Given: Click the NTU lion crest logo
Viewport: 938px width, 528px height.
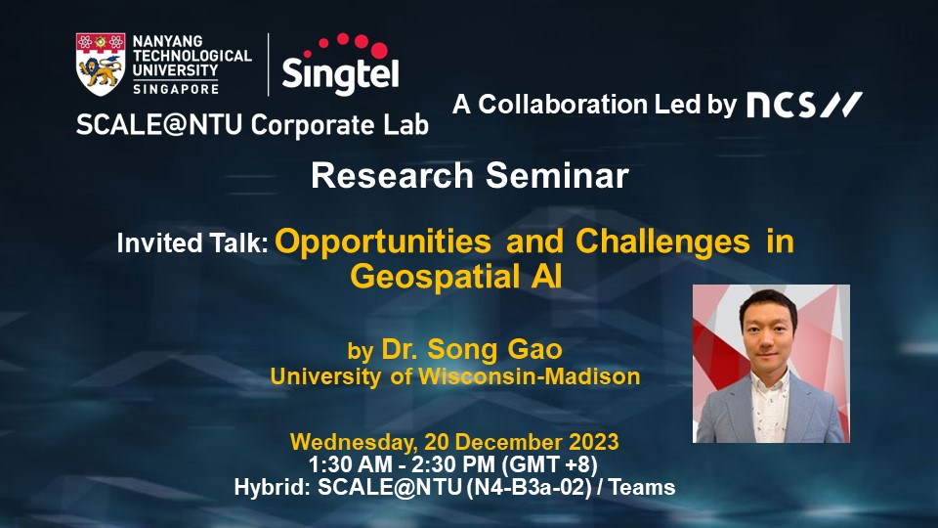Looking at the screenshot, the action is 101,65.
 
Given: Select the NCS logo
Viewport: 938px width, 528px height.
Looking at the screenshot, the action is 804,105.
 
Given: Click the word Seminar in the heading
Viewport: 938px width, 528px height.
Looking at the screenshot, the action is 557,176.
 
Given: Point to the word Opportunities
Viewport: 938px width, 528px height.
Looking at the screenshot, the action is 383,242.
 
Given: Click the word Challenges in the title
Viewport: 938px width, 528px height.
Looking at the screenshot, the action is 662,242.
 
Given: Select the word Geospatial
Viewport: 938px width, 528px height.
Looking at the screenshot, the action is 435,277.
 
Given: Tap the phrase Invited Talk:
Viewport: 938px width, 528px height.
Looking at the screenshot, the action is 192,243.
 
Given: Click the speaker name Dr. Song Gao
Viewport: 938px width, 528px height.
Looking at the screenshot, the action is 472,349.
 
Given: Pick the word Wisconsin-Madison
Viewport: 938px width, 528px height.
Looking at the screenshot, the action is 530,375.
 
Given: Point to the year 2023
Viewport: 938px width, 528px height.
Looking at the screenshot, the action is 593,442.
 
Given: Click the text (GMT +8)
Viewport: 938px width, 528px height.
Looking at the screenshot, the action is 549,464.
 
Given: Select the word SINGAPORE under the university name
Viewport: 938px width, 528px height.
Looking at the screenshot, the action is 176,89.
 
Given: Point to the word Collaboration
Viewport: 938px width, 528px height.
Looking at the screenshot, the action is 563,105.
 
